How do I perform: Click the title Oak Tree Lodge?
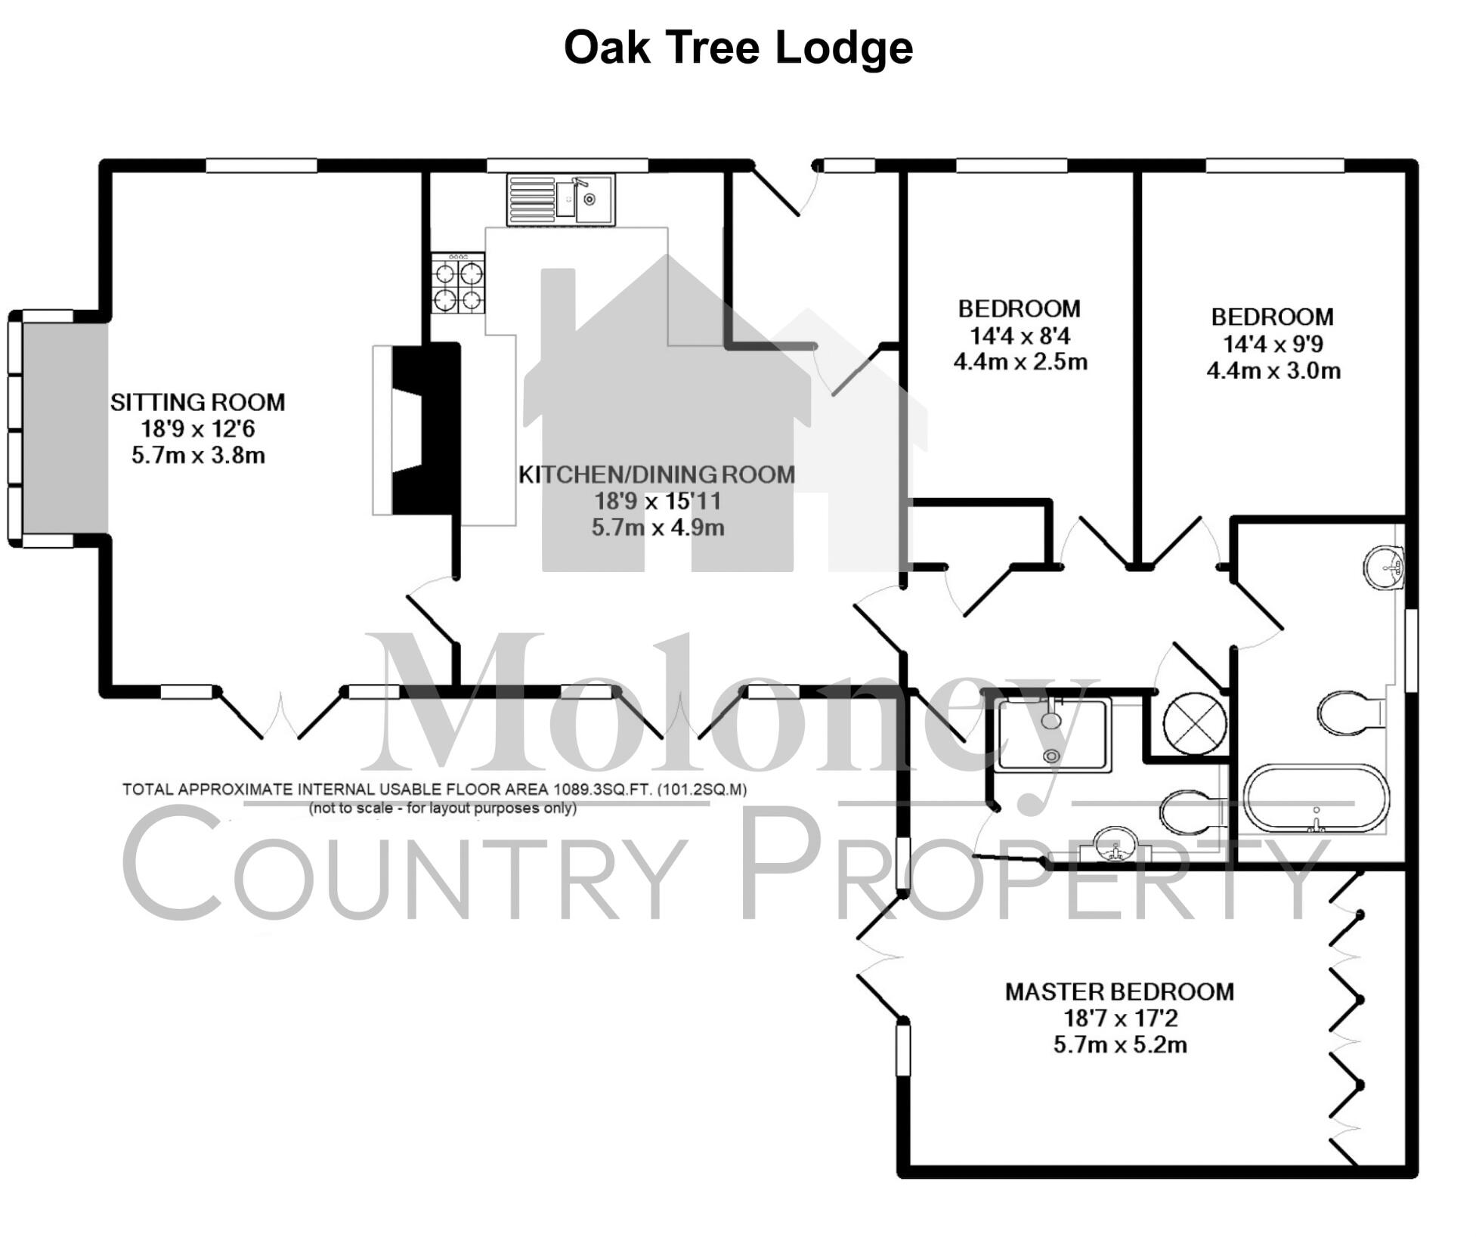[x=738, y=48]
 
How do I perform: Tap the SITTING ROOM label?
[x=198, y=402]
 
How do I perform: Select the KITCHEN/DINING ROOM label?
[x=657, y=475]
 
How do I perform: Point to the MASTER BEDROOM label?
[x=1119, y=991]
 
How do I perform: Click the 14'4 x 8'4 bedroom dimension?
[x=1020, y=335]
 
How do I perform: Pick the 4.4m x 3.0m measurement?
[x=1273, y=370]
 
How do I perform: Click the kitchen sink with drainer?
[x=560, y=199]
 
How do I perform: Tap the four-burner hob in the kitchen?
[x=458, y=284]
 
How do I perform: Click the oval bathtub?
[x=1316, y=799]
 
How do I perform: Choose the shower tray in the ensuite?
[x=1053, y=734]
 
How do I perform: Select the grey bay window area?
[x=64, y=429]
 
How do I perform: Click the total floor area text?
[x=435, y=790]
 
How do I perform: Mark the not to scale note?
[x=442, y=809]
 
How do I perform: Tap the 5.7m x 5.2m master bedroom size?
[x=1119, y=1045]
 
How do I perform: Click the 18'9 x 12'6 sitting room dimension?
[x=198, y=429]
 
